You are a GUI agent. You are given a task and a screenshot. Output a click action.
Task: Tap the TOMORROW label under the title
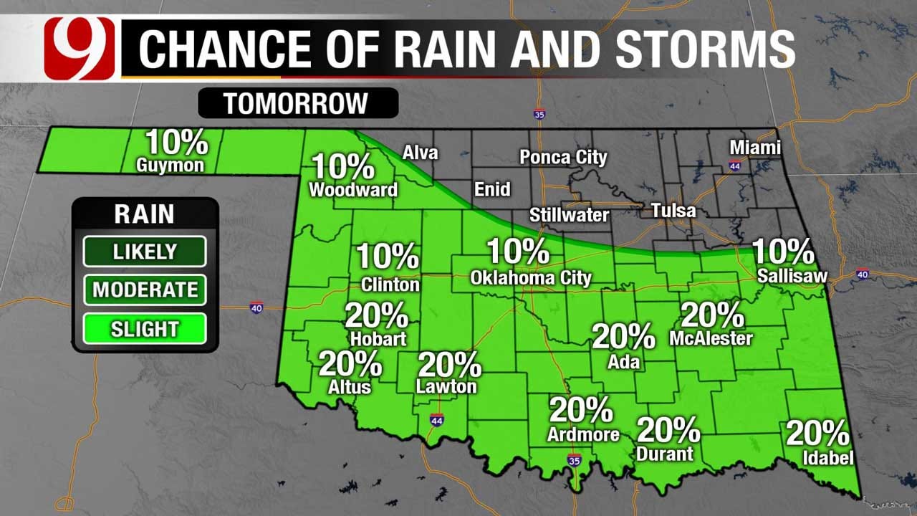click(297, 103)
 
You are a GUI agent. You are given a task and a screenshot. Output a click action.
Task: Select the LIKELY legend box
click(145, 252)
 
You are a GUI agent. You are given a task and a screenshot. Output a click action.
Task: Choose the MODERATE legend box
click(145, 290)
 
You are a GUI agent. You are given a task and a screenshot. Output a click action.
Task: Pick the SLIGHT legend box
click(145, 329)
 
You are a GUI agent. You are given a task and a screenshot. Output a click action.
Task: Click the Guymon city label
click(170, 166)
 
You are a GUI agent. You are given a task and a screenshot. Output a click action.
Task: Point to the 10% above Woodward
click(342, 167)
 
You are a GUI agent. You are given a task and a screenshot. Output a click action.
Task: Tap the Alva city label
click(420, 152)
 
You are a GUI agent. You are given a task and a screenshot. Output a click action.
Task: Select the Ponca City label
click(563, 157)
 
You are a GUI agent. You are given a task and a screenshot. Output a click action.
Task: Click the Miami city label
click(755, 148)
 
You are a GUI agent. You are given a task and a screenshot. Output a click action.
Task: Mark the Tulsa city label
click(673, 211)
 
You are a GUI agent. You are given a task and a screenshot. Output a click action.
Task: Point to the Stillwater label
click(569, 215)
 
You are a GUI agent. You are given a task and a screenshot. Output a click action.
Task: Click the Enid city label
click(493, 189)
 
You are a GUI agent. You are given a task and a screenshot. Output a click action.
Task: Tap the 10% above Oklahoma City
click(518, 252)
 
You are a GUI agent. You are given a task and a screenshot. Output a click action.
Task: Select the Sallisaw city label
click(793, 276)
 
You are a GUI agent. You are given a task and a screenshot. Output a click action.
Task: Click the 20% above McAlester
click(712, 315)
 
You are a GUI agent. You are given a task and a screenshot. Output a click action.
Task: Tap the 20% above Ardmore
click(581, 410)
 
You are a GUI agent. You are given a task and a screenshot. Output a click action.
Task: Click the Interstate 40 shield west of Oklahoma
click(256, 307)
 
